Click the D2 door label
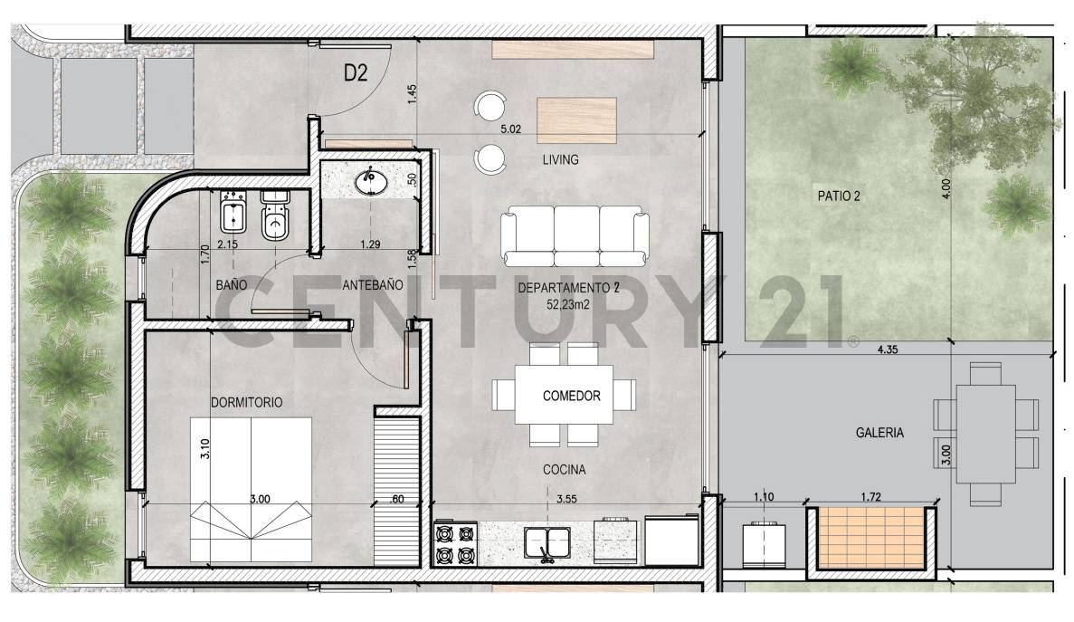355,74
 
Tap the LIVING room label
560,160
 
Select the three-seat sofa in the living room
575,235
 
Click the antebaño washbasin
370,181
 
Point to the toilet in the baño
274,215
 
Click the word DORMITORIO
246,401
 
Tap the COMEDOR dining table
565,396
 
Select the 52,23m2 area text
566,305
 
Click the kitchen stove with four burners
455,543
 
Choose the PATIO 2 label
839,196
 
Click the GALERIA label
879,433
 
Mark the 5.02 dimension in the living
511,129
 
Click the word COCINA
564,471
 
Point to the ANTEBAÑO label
372,284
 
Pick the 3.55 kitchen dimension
567,499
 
